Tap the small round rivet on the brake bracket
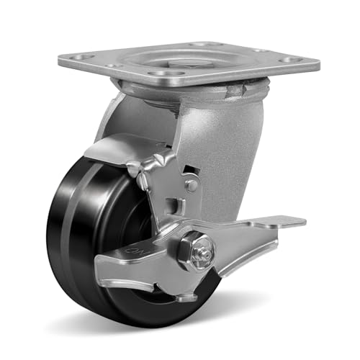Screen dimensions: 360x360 [x=192, y=185]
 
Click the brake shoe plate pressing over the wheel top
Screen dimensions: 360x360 [x=119, y=148]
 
